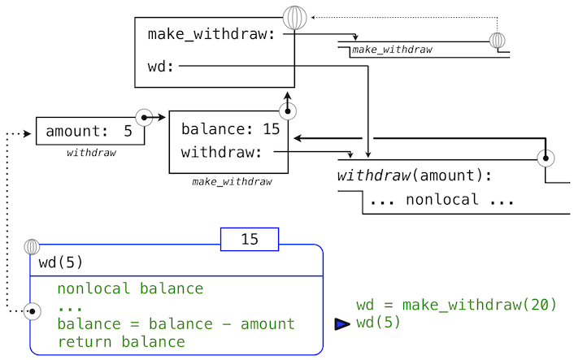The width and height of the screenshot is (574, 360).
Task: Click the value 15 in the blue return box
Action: tap(250, 239)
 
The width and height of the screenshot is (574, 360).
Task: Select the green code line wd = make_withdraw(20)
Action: tap(456, 306)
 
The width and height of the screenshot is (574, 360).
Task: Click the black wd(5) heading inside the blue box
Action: tap(61, 263)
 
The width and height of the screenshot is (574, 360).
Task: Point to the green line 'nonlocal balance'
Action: tap(130, 288)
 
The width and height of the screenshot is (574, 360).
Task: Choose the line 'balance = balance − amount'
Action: tap(176, 324)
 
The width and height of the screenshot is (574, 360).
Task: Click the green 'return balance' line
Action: tap(121, 342)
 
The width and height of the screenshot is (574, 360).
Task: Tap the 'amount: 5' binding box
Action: tap(89, 132)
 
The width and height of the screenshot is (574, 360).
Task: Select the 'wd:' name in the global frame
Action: tap(161, 67)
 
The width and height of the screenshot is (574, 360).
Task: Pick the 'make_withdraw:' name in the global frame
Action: tap(211, 34)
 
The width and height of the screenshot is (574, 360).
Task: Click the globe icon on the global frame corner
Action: tap(294, 18)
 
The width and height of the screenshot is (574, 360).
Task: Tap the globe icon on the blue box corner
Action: tap(33, 246)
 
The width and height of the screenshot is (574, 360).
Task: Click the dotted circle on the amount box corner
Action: tap(144, 117)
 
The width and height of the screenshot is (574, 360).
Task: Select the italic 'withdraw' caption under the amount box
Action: tap(90, 153)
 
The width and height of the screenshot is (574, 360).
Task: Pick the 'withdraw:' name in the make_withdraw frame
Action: tap(221, 152)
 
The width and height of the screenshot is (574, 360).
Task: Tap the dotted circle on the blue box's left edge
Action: tap(33, 310)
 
